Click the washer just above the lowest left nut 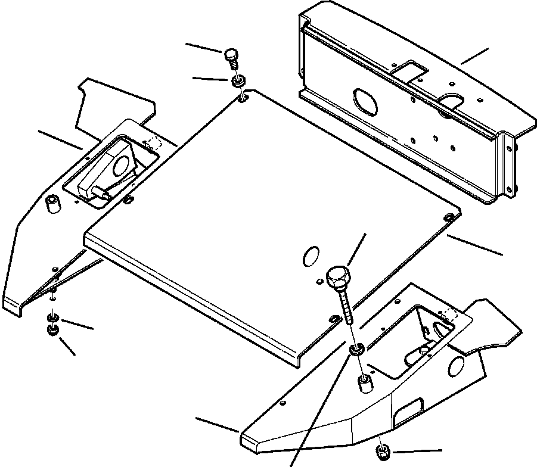point(52,317)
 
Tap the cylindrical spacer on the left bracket point(53,204)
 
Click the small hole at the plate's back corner point(243,98)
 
